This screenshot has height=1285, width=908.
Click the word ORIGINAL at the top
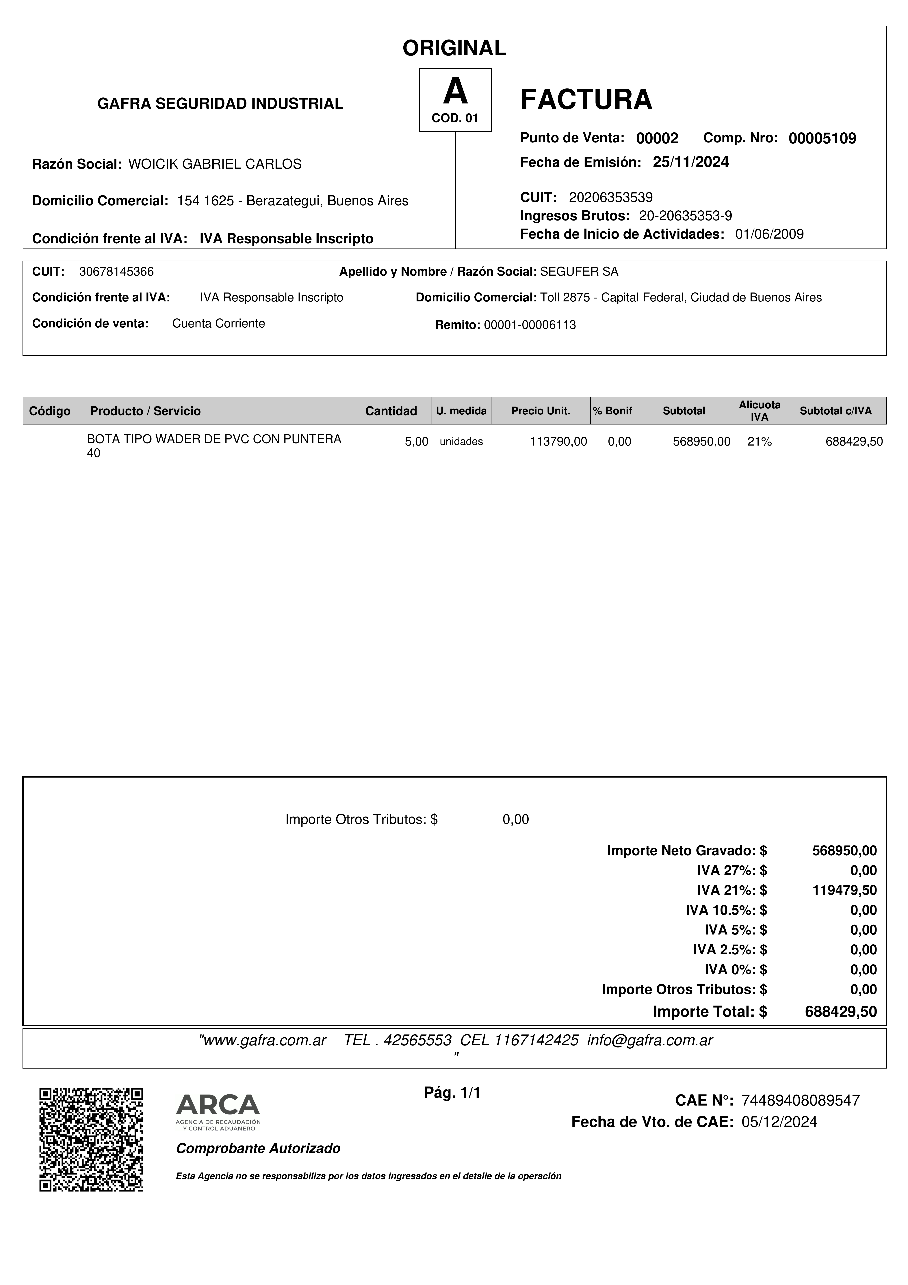[454, 48]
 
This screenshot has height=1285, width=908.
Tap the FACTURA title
[586, 100]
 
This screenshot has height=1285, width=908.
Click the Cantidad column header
[391, 411]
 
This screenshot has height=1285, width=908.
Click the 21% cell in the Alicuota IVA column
[759, 442]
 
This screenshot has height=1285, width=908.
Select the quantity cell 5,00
[416, 442]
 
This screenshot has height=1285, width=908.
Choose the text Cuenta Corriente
[218, 323]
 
